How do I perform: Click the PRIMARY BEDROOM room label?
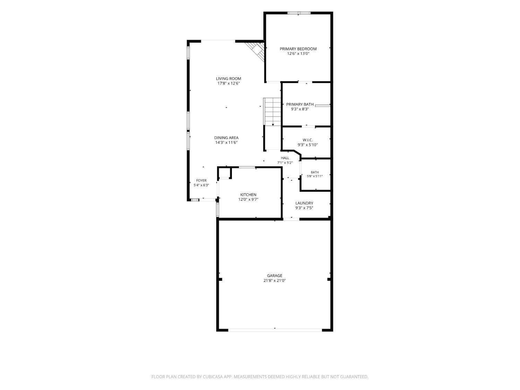298,49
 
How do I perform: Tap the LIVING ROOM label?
228,79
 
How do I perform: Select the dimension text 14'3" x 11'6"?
226,142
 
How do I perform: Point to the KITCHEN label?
248,194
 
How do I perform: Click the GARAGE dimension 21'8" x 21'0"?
274,280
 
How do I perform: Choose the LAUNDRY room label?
304,203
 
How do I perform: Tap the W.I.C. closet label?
307,140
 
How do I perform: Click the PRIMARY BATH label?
300,104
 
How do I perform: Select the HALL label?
285,158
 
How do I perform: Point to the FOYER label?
201,180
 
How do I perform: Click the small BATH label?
315,172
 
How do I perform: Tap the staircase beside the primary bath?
272,112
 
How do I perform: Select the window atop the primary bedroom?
298,13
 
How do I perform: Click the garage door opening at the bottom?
275,330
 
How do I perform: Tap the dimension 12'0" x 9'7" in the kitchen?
248,200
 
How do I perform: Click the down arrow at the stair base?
273,124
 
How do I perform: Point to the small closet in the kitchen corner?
224,173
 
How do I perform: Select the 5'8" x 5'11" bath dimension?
315,176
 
